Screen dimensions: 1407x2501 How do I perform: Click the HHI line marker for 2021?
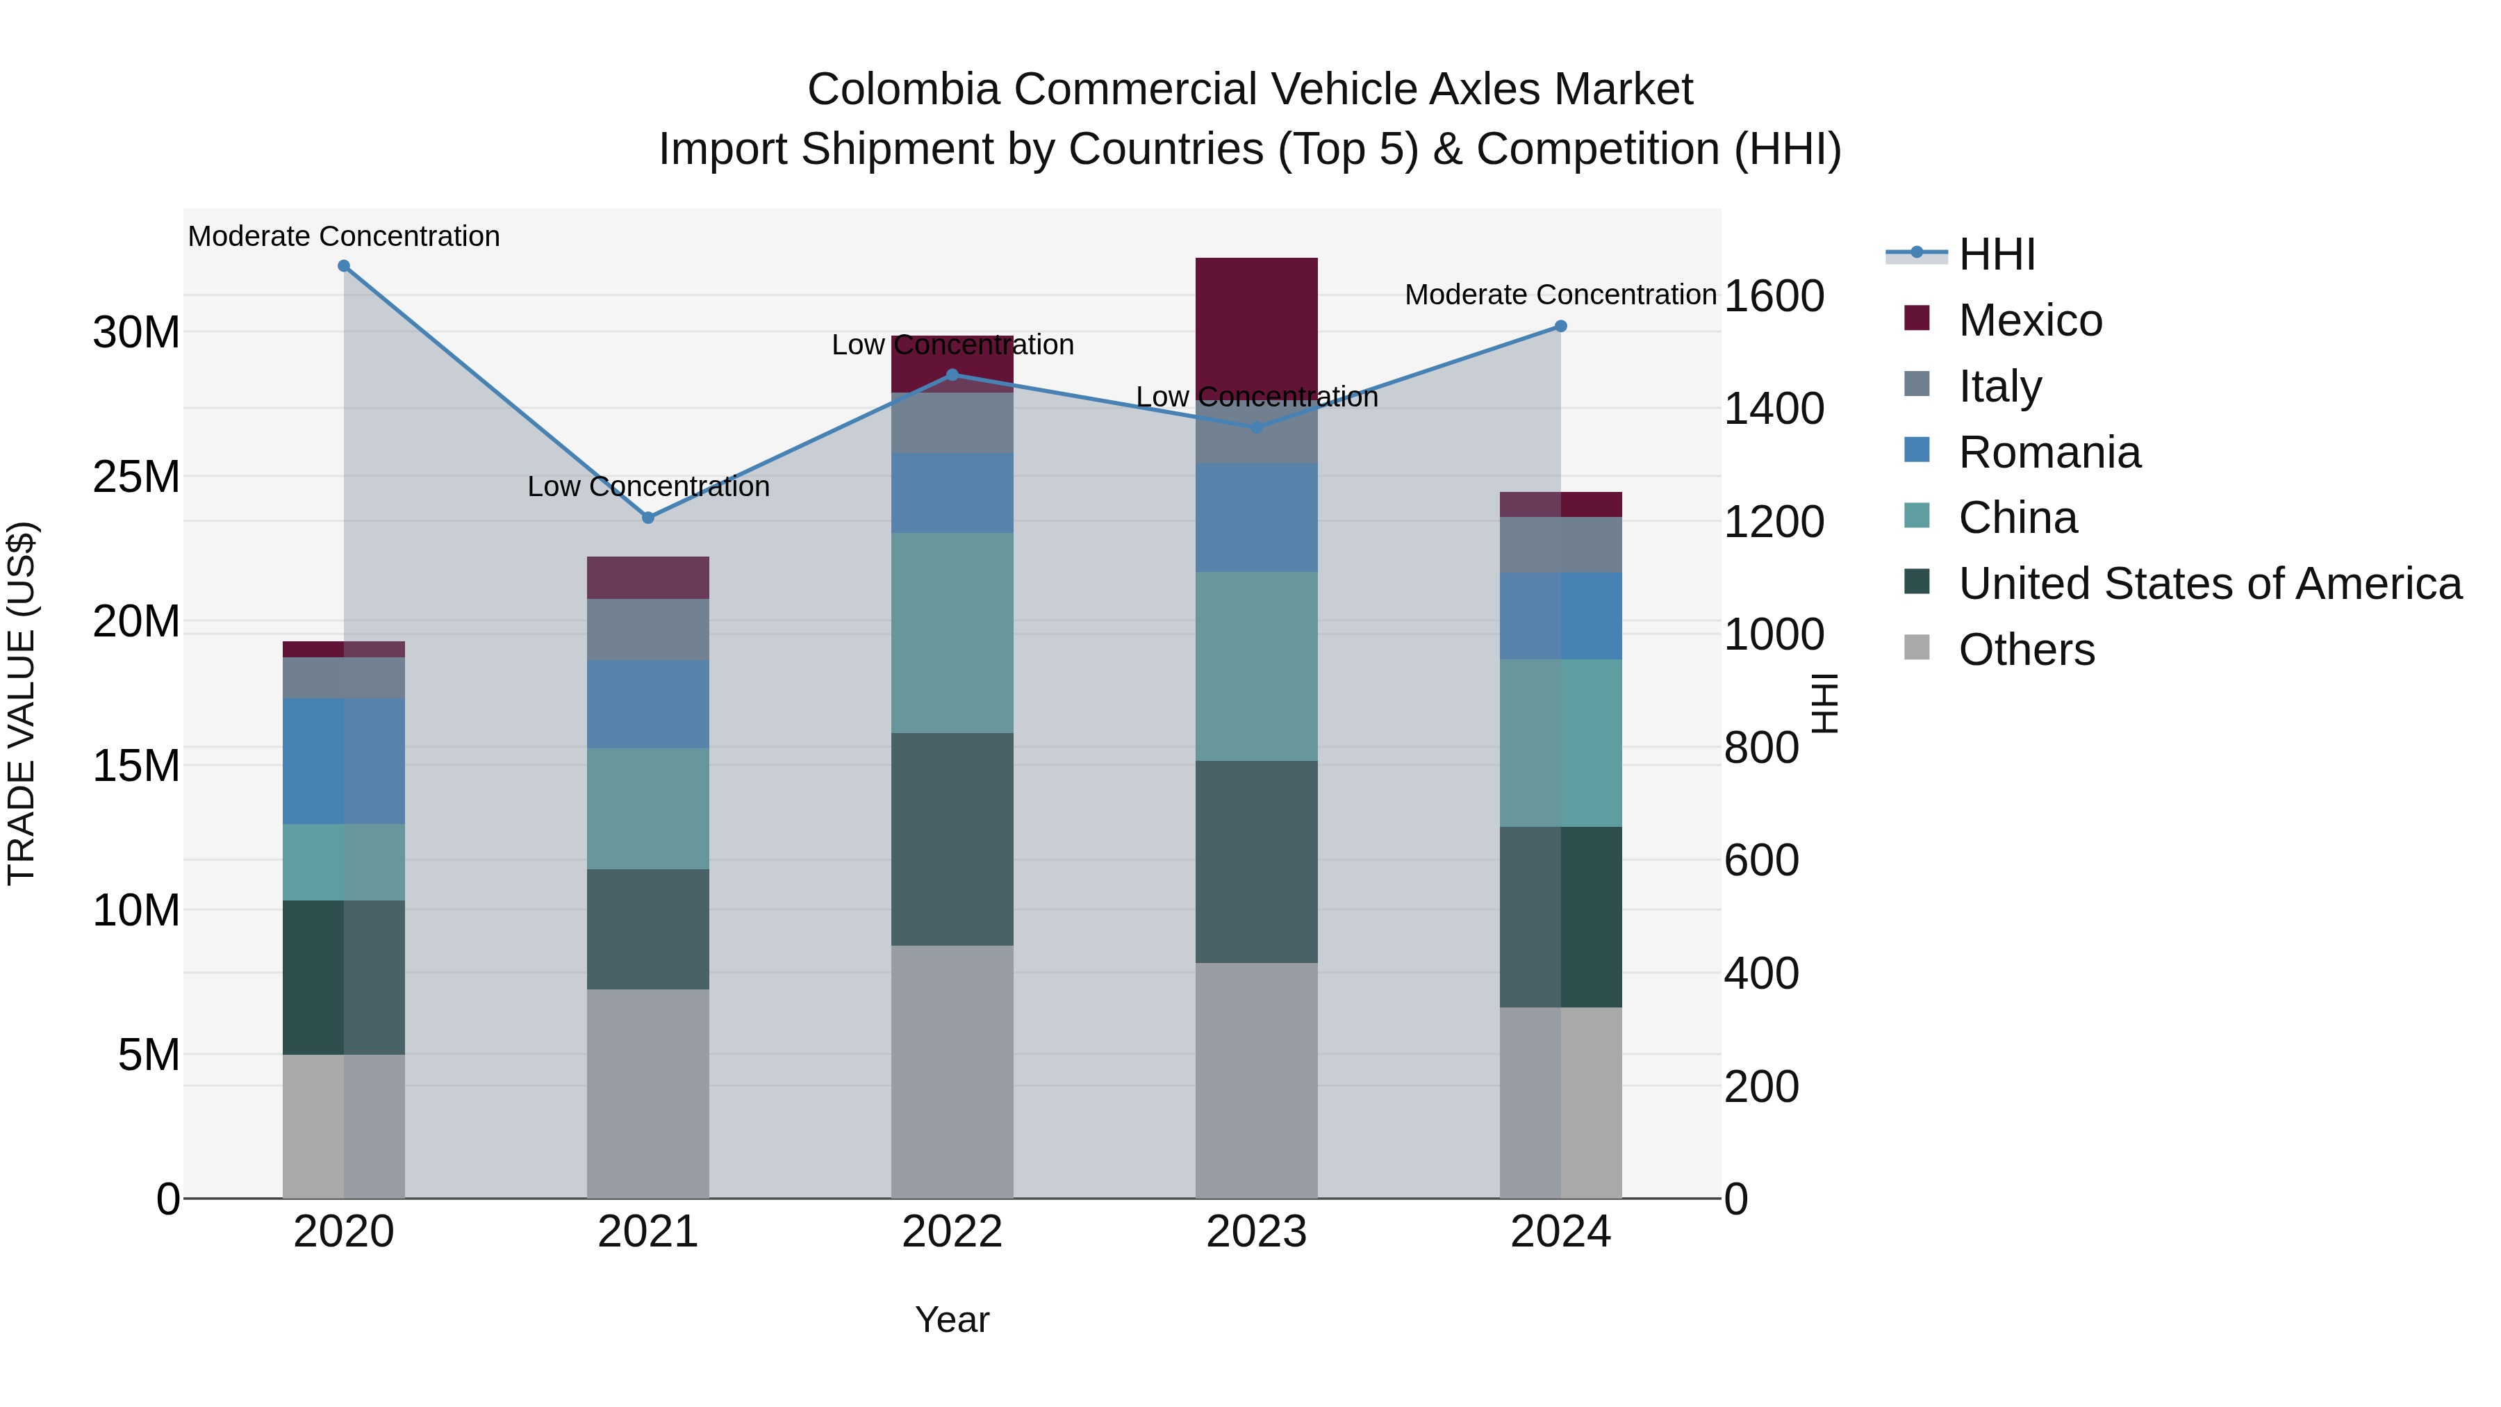click(x=649, y=518)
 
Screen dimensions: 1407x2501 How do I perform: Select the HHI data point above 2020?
click(x=344, y=266)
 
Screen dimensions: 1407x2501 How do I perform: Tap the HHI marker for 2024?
click(x=1560, y=327)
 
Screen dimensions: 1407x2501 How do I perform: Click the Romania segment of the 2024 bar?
click(x=1560, y=616)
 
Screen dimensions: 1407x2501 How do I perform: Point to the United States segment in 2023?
click(x=1256, y=862)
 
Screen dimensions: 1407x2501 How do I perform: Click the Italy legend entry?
click(x=2000, y=386)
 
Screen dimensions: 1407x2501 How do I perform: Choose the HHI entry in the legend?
click(x=1996, y=254)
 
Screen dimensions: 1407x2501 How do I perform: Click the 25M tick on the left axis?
click(x=136, y=477)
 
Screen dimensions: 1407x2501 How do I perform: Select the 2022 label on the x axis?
click(x=952, y=1232)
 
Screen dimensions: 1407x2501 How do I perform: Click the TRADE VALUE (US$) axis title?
click(x=22, y=703)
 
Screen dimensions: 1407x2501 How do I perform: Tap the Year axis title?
click(x=952, y=1319)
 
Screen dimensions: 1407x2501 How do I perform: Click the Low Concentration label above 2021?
click(x=649, y=486)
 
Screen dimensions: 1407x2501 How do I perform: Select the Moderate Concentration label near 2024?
click(x=1560, y=294)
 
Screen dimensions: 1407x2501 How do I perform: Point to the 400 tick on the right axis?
click(x=1761, y=973)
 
